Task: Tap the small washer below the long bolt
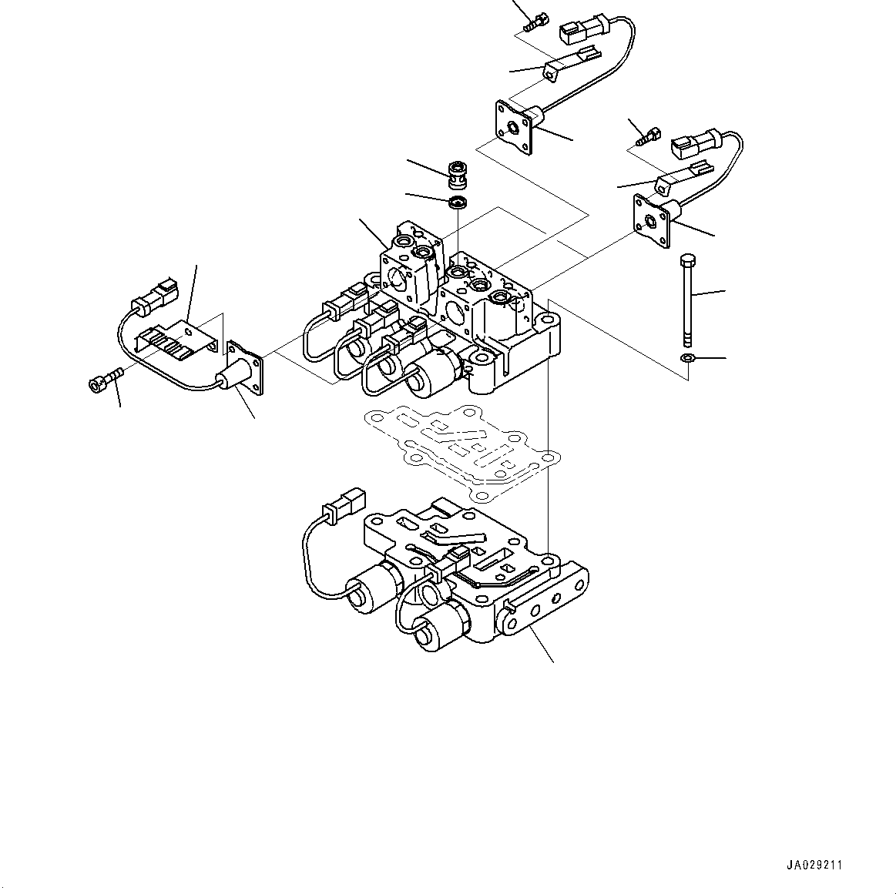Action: point(685,358)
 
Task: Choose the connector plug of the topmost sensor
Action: point(582,30)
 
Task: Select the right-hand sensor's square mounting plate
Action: point(649,221)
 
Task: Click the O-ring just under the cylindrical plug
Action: point(459,203)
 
